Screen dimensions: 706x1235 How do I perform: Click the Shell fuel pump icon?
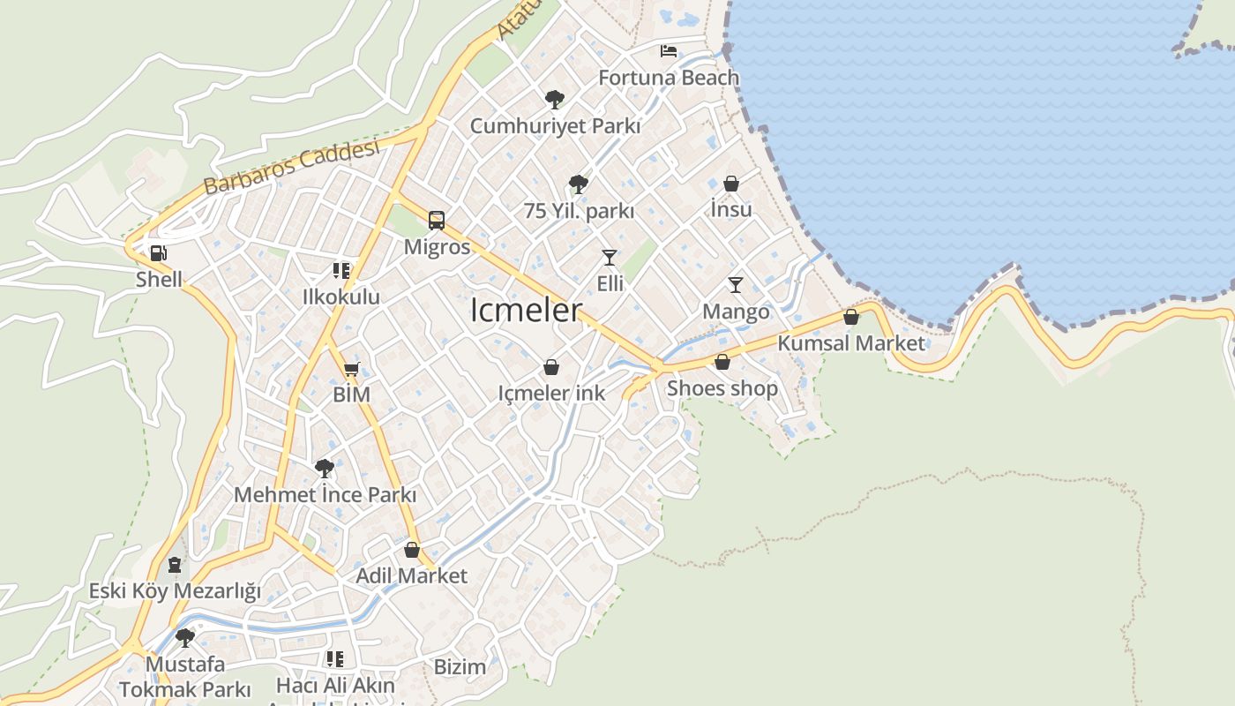(159, 254)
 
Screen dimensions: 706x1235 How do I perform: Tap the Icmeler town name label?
(527, 311)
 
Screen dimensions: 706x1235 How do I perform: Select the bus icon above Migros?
(437, 220)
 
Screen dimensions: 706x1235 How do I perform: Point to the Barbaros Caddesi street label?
(291, 167)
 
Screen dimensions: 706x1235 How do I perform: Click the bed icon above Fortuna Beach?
(669, 50)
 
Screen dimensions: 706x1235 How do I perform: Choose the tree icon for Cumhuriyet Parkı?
(555, 99)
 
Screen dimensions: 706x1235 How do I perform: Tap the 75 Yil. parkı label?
(579, 212)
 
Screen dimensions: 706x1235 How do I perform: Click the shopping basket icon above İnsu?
(731, 184)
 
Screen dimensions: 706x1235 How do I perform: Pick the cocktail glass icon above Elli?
(610, 258)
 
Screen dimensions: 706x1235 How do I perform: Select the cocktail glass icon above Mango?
(736, 285)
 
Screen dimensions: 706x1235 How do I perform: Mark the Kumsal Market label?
(851, 343)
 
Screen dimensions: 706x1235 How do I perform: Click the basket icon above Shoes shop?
(722, 362)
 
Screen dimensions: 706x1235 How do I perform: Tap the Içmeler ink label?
(551, 394)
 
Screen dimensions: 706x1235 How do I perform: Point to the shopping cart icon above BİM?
(351, 369)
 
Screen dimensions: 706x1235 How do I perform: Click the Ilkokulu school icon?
(341, 270)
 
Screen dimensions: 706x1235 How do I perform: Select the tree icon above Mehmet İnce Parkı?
(325, 468)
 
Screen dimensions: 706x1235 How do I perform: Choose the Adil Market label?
(411, 576)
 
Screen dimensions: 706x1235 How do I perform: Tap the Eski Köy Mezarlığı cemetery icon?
(175, 564)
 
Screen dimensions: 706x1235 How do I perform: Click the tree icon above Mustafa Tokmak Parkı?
(185, 637)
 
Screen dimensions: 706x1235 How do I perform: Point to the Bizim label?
(460, 667)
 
